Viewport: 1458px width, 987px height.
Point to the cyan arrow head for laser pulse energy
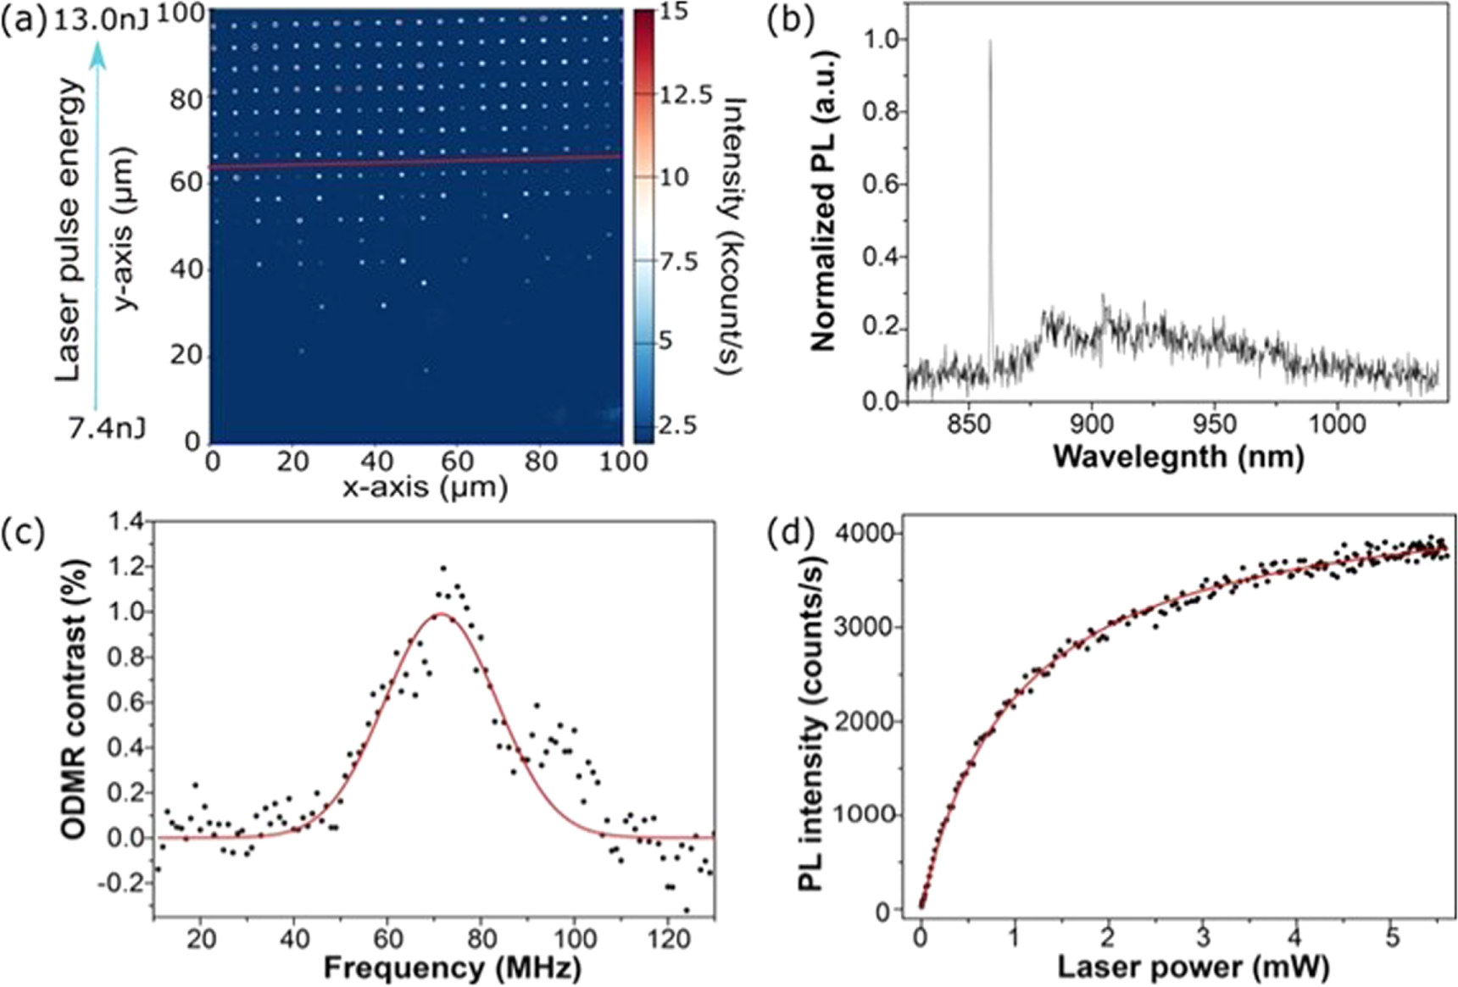tap(98, 52)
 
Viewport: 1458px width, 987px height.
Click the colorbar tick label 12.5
tap(687, 95)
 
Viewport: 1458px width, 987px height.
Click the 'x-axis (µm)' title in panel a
tap(425, 487)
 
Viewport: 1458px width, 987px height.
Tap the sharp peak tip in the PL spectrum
tap(990, 41)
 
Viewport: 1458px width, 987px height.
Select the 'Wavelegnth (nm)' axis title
tap(1177, 457)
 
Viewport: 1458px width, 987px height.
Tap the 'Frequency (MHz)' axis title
tap(452, 967)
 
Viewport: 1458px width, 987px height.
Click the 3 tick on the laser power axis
tap(1203, 939)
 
